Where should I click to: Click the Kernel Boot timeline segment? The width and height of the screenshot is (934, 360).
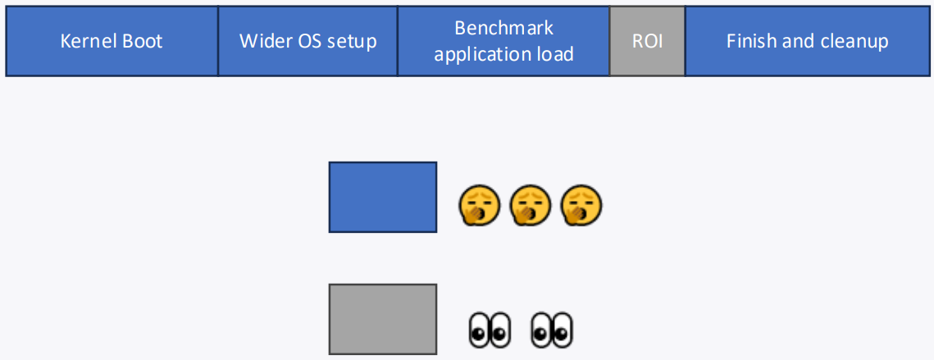point(112,41)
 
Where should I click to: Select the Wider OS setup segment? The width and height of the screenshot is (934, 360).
point(308,41)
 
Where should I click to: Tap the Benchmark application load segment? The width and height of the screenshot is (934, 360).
point(503,41)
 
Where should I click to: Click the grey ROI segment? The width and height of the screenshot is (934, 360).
point(647,41)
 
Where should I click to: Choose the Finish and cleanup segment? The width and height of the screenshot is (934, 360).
point(808,41)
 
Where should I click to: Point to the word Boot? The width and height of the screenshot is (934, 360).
point(142,41)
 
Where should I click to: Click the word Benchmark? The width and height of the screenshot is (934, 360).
point(503,28)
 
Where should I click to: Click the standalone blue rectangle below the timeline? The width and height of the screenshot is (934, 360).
point(382,197)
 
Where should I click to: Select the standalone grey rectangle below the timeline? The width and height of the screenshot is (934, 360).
point(382,319)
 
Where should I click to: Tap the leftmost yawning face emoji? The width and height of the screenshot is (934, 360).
point(479,206)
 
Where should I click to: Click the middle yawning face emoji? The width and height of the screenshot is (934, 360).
point(530,206)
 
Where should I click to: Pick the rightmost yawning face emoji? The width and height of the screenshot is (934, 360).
point(581,206)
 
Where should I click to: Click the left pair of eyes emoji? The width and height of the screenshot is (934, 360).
point(490,330)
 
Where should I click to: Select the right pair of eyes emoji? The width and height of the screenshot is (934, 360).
point(552,330)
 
